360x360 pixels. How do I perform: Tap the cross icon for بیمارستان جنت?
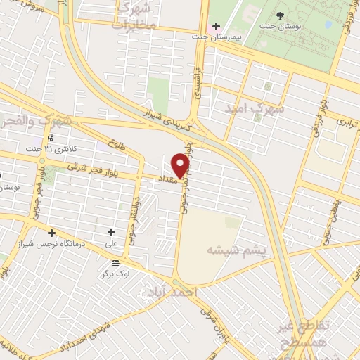[x=216, y=27]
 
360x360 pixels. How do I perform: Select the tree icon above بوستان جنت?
[x=281, y=15]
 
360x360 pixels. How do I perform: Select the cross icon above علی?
[x=111, y=232]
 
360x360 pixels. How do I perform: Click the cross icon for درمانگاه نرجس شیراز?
[x=51, y=233]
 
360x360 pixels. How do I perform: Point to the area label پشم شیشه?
[x=235, y=250]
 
